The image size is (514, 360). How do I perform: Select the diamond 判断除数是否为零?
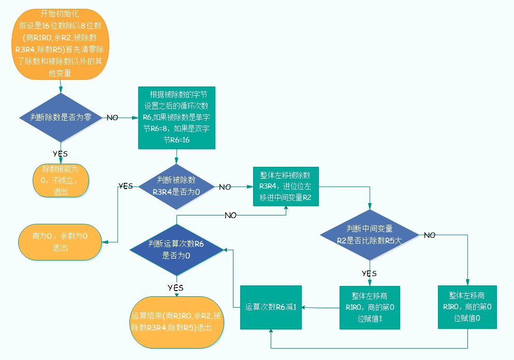tap(61, 118)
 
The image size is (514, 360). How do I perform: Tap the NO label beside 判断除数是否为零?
tap(112, 118)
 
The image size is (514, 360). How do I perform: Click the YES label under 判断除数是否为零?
tap(60, 153)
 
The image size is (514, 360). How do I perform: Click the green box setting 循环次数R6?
tap(177, 118)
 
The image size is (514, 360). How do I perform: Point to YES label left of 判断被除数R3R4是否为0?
tap(126, 185)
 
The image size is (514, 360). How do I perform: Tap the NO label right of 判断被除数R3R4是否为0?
tap(225, 187)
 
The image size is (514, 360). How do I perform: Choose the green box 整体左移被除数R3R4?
tap(286, 186)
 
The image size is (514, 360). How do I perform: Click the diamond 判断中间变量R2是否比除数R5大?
tap(369, 235)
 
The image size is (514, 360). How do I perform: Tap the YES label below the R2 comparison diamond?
tap(369, 273)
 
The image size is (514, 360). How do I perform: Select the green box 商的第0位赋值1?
tap(370, 307)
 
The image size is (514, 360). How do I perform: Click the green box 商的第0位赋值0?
tap(467, 307)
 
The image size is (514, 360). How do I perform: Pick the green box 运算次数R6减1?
tap(271, 307)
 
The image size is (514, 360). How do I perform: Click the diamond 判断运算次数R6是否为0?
tap(177, 249)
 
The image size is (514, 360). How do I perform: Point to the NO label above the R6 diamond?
tap(231, 215)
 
